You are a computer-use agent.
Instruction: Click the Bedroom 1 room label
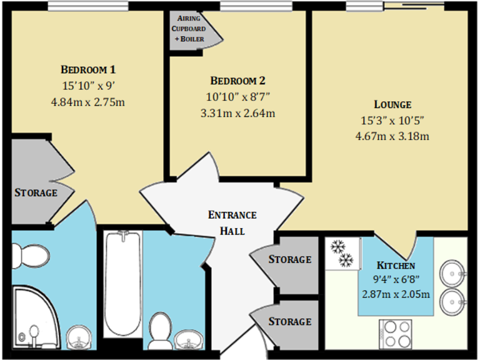(88, 69)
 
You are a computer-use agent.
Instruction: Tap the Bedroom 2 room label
(238, 81)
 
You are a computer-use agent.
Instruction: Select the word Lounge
(392, 104)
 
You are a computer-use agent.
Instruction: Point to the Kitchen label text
(396, 266)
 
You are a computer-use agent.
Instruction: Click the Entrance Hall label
(232, 222)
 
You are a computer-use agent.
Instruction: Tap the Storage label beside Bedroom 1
(36, 192)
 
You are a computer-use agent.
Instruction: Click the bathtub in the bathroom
(122, 284)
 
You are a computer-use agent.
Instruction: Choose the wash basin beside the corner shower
(79, 339)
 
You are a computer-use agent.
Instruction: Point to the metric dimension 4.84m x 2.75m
(88, 101)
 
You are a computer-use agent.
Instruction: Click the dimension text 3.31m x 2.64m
(238, 113)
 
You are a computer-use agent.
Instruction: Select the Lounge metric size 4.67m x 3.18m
(392, 136)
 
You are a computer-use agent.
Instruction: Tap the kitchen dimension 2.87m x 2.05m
(396, 294)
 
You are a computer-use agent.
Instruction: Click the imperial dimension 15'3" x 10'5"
(392, 120)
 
